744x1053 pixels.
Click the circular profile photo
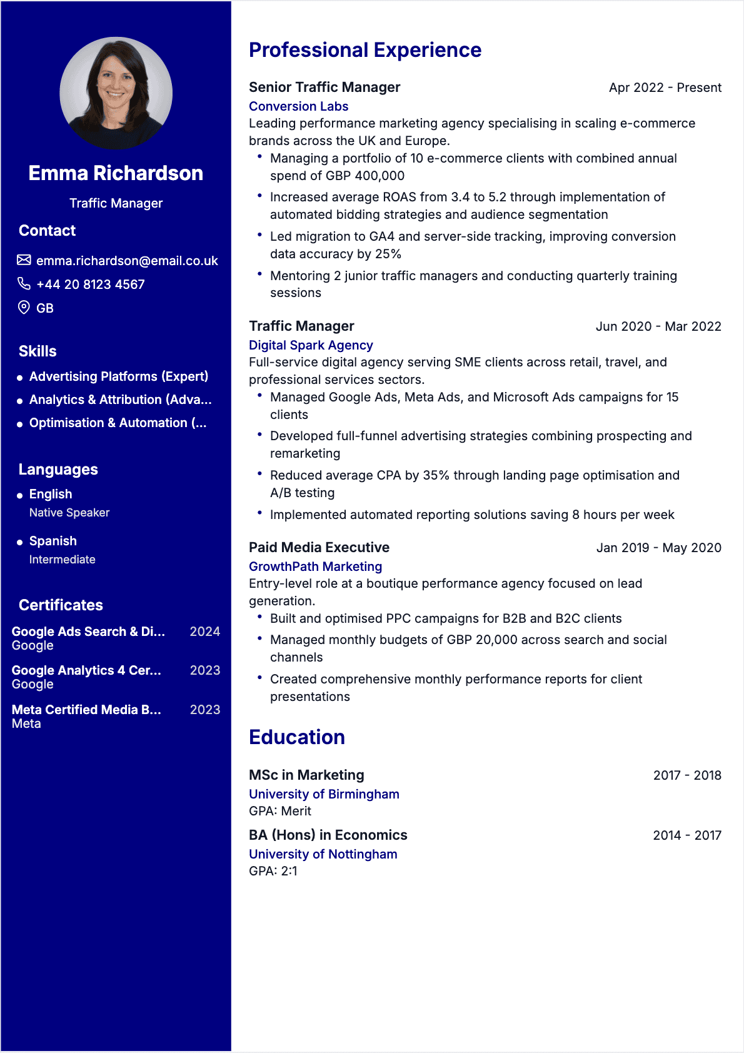coord(116,93)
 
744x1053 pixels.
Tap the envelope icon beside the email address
coord(24,260)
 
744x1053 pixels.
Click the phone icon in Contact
coord(24,284)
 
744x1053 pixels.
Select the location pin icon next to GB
coord(24,307)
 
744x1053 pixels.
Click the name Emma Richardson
coord(116,173)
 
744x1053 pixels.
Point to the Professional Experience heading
coord(365,50)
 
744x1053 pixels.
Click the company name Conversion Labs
coord(298,106)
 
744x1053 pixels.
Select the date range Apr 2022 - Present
coord(665,88)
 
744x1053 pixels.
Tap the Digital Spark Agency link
coord(311,345)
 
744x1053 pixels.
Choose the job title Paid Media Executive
coord(319,547)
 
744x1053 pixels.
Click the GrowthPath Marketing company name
coord(315,567)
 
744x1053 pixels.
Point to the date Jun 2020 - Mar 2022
coord(658,326)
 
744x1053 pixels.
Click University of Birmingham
coord(324,794)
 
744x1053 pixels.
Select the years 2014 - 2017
coord(686,835)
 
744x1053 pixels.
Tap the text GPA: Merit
coord(280,811)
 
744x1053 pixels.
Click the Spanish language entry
coord(53,541)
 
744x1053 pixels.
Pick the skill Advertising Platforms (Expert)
coord(119,376)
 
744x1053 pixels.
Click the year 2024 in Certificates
coord(204,632)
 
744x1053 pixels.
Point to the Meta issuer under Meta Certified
coord(26,723)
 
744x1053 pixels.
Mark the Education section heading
coord(297,737)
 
